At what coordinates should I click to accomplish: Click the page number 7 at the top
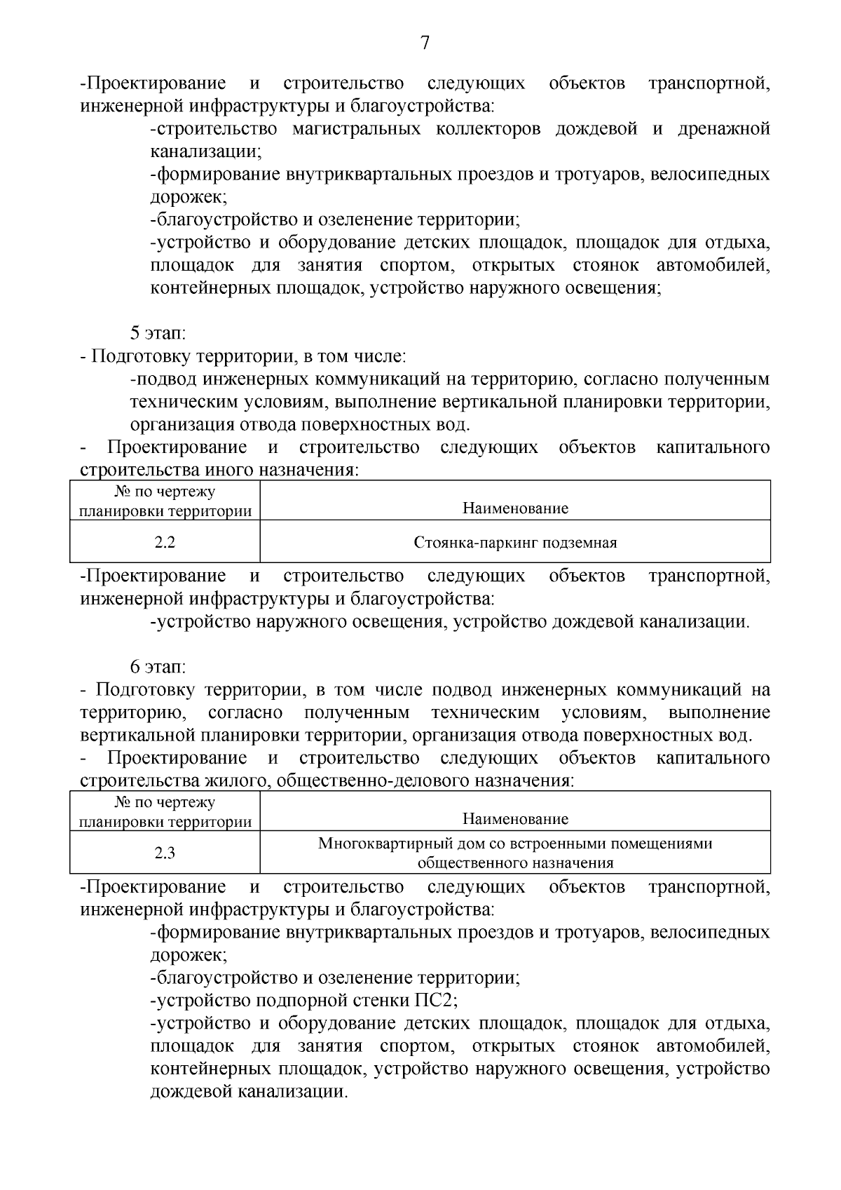click(424, 43)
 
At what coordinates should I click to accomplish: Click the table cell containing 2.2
click(165, 542)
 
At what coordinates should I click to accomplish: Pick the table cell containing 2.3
click(165, 853)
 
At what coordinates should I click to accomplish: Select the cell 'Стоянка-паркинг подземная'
click(515, 542)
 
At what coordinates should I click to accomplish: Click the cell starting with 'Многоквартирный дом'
click(515, 853)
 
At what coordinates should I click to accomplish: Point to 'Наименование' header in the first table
click(515, 508)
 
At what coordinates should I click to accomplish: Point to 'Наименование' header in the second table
click(515, 818)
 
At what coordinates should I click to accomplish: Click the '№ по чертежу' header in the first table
click(165, 492)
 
